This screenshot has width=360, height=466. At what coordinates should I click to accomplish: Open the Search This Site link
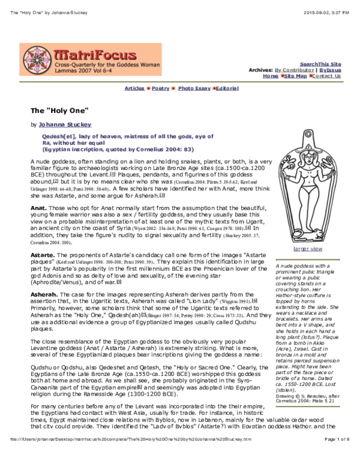click(320, 64)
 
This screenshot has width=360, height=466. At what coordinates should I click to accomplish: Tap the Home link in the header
click(270, 76)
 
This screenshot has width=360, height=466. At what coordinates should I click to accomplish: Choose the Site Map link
click(295, 76)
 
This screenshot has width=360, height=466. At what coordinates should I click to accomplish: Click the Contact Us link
click(326, 76)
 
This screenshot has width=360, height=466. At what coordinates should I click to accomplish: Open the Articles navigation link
click(134, 88)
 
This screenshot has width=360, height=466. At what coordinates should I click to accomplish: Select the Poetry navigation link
click(160, 88)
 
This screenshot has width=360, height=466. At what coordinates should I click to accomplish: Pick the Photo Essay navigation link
click(194, 88)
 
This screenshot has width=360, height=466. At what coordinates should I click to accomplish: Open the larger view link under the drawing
click(307, 249)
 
